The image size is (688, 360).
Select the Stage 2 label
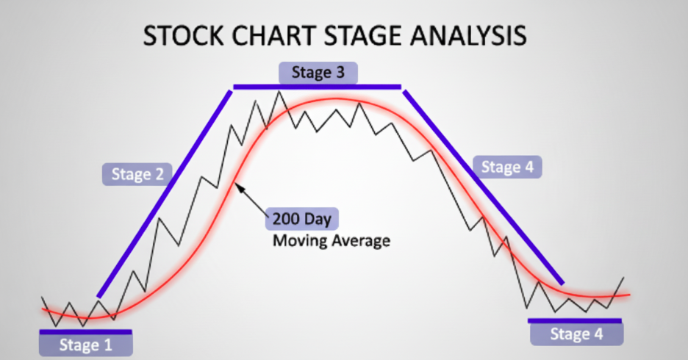click(x=137, y=174)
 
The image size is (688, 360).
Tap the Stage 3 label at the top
click(x=318, y=72)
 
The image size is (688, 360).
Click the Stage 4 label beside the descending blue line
click(x=506, y=167)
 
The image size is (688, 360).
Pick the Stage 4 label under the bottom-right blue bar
click(x=576, y=334)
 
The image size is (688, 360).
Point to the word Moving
click(x=296, y=240)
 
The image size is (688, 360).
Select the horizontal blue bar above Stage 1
click(x=85, y=331)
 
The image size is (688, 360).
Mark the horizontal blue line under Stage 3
click(x=318, y=87)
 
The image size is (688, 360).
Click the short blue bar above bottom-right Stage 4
click(x=575, y=320)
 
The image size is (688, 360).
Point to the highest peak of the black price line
click(x=279, y=92)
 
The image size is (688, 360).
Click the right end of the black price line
click(x=624, y=278)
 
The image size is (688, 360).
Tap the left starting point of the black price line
click(x=42, y=297)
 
